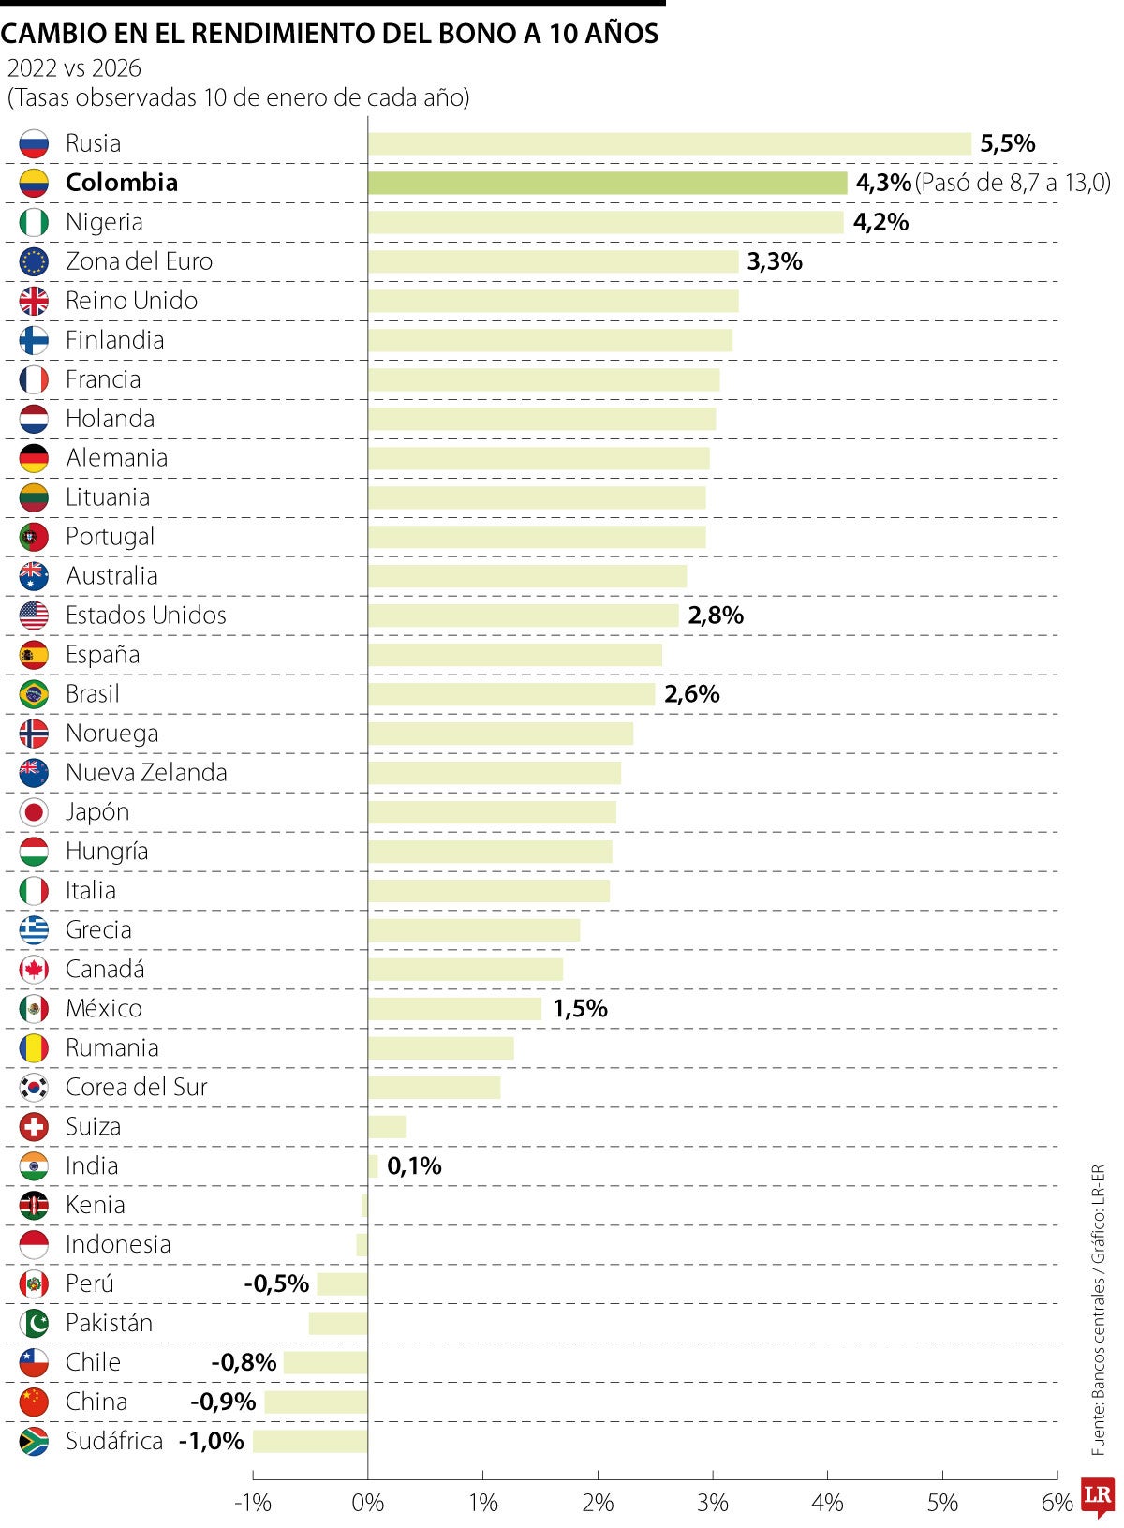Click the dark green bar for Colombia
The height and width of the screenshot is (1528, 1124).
coord(607,183)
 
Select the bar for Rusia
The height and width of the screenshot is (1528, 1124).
coord(669,143)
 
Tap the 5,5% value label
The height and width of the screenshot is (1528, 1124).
coord(1007,143)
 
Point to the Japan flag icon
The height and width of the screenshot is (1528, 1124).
coord(34,812)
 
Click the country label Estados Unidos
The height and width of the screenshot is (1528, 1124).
coord(146,616)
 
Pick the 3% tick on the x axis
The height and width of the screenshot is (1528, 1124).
coord(713,1503)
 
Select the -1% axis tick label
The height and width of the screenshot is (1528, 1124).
coord(252,1503)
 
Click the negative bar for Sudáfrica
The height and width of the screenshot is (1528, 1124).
coord(310,1441)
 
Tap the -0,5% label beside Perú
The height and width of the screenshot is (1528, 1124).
coord(276,1283)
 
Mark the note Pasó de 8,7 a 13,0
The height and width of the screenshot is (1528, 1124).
coord(1012,183)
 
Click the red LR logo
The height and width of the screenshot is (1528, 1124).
coord(1097,1498)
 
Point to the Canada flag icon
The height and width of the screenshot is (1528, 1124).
coord(34,970)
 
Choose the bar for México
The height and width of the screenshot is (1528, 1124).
coord(454,1009)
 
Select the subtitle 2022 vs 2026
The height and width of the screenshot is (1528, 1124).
coord(74,68)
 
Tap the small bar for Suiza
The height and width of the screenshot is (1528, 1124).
coord(387,1126)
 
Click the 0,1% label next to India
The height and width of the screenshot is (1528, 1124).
coord(414,1166)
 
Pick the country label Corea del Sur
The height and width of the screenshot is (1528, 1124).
coord(136,1088)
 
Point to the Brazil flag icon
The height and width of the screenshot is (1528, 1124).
coord(34,694)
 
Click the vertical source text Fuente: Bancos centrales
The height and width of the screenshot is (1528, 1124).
coord(1099,1349)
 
